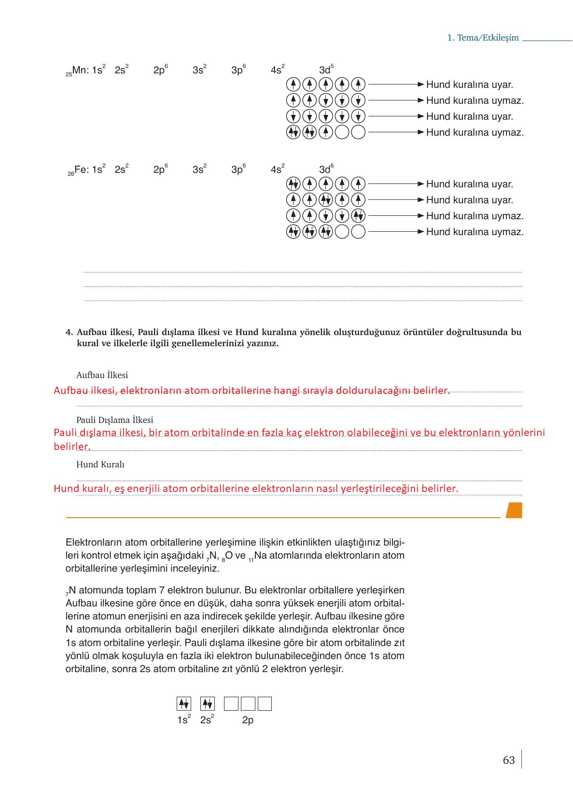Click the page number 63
[x=508, y=760]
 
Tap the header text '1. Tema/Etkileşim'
[x=483, y=38]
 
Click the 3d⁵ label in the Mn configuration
[x=326, y=70]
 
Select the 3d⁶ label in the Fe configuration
[x=326, y=169]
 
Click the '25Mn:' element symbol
[x=77, y=70]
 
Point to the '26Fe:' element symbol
[x=79, y=170]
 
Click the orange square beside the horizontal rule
[x=514, y=510]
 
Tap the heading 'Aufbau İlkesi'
[x=102, y=375]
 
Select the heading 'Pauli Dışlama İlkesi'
[x=114, y=420]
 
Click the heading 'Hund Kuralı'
[x=100, y=464]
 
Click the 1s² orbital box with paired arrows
[x=183, y=703]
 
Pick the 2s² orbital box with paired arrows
[x=207, y=703]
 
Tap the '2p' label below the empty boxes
[x=248, y=720]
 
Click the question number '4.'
[x=69, y=332]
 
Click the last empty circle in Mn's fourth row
[x=358, y=132]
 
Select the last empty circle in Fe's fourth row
[x=358, y=232]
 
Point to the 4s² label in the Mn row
[x=278, y=70]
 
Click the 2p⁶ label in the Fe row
[x=160, y=169]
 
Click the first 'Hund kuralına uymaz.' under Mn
[x=475, y=101]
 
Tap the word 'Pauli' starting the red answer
[x=65, y=432]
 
